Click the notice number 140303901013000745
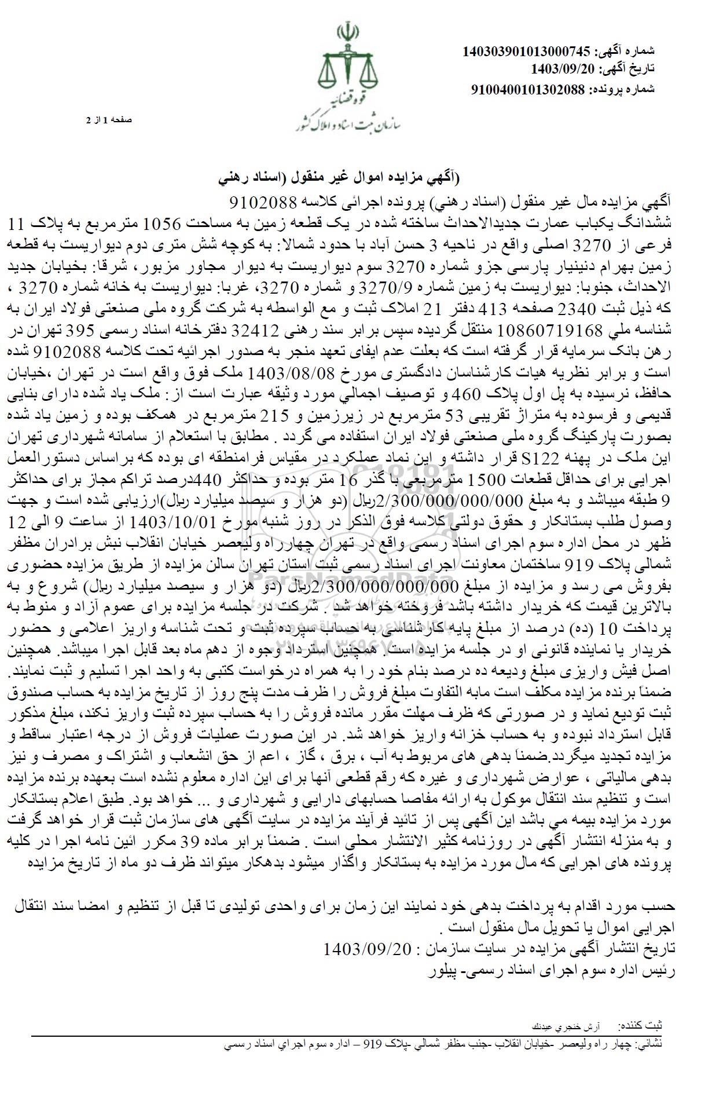tap(526, 52)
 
